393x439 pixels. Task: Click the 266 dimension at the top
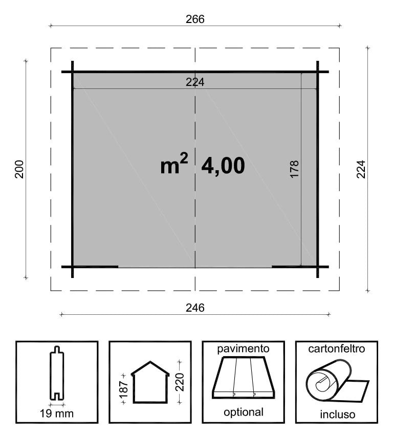click(x=195, y=19)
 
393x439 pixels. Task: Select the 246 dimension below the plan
click(x=195, y=308)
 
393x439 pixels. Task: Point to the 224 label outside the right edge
click(x=361, y=169)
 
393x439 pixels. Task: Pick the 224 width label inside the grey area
click(x=195, y=82)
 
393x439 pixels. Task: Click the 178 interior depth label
click(x=294, y=169)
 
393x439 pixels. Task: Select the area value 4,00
click(x=223, y=166)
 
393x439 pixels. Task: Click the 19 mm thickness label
click(x=56, y=413)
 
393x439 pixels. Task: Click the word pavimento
click(x=243, y=350)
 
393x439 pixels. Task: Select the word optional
click(x=243, y=412)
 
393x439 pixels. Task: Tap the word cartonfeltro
click(x=336, y=350)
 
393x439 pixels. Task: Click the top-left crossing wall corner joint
click(x=73, y=72)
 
